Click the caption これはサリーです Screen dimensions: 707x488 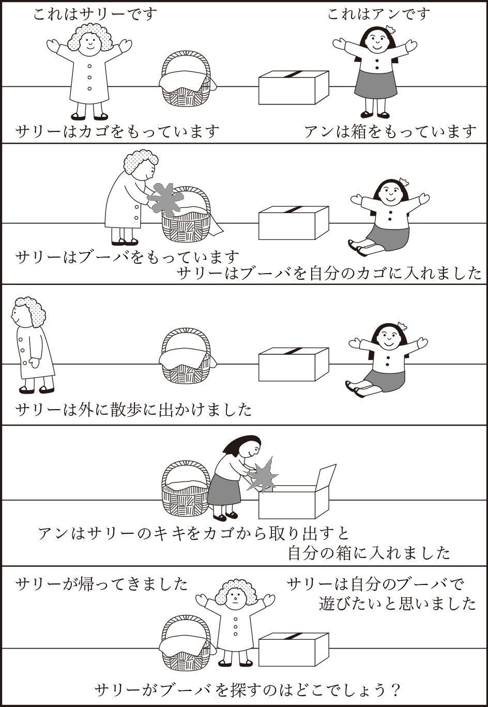[95, 14]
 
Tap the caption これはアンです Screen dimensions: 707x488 [378, 14]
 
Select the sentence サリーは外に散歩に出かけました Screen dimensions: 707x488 [134, 410]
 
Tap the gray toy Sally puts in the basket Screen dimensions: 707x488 [165, 199]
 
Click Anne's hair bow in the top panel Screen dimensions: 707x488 [390, 29]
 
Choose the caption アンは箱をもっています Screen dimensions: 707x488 [390, 132]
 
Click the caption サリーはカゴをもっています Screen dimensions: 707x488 [118, 132]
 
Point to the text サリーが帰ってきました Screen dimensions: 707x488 [102, 584]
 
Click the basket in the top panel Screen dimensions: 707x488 [186, 80]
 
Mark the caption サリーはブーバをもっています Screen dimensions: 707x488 [128, 257]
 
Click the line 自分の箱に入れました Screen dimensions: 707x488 [369, 553]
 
